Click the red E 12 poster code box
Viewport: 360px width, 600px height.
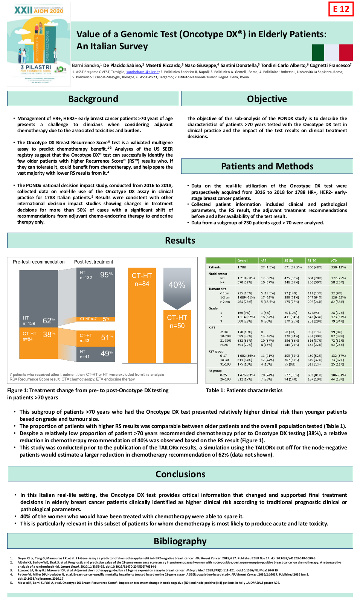341,9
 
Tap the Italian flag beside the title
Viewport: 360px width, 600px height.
333,53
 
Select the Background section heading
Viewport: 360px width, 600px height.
93,99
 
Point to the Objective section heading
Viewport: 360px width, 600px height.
267,99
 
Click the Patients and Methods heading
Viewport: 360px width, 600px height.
267,166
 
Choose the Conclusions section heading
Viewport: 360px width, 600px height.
180,474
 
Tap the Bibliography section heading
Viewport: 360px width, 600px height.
180,541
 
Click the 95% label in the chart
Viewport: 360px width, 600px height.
106,275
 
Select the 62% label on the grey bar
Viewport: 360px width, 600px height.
49,321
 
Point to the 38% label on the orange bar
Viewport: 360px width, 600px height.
49,334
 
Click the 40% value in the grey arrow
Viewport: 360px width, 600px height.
177,285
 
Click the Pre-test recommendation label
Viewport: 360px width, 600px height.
39,262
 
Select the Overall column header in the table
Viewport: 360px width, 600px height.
243,260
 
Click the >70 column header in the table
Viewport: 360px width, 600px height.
334,260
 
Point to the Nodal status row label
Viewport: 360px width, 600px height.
218,274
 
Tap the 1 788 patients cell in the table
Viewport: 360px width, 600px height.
241,267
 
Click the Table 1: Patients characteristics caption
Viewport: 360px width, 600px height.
244,390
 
